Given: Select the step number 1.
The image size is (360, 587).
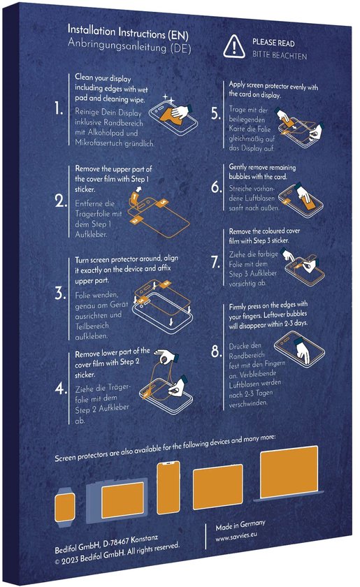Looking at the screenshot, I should click(60, 110).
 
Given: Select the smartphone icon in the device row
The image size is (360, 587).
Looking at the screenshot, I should click(168, 488).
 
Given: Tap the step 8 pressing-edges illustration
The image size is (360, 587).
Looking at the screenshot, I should click(301, 347).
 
